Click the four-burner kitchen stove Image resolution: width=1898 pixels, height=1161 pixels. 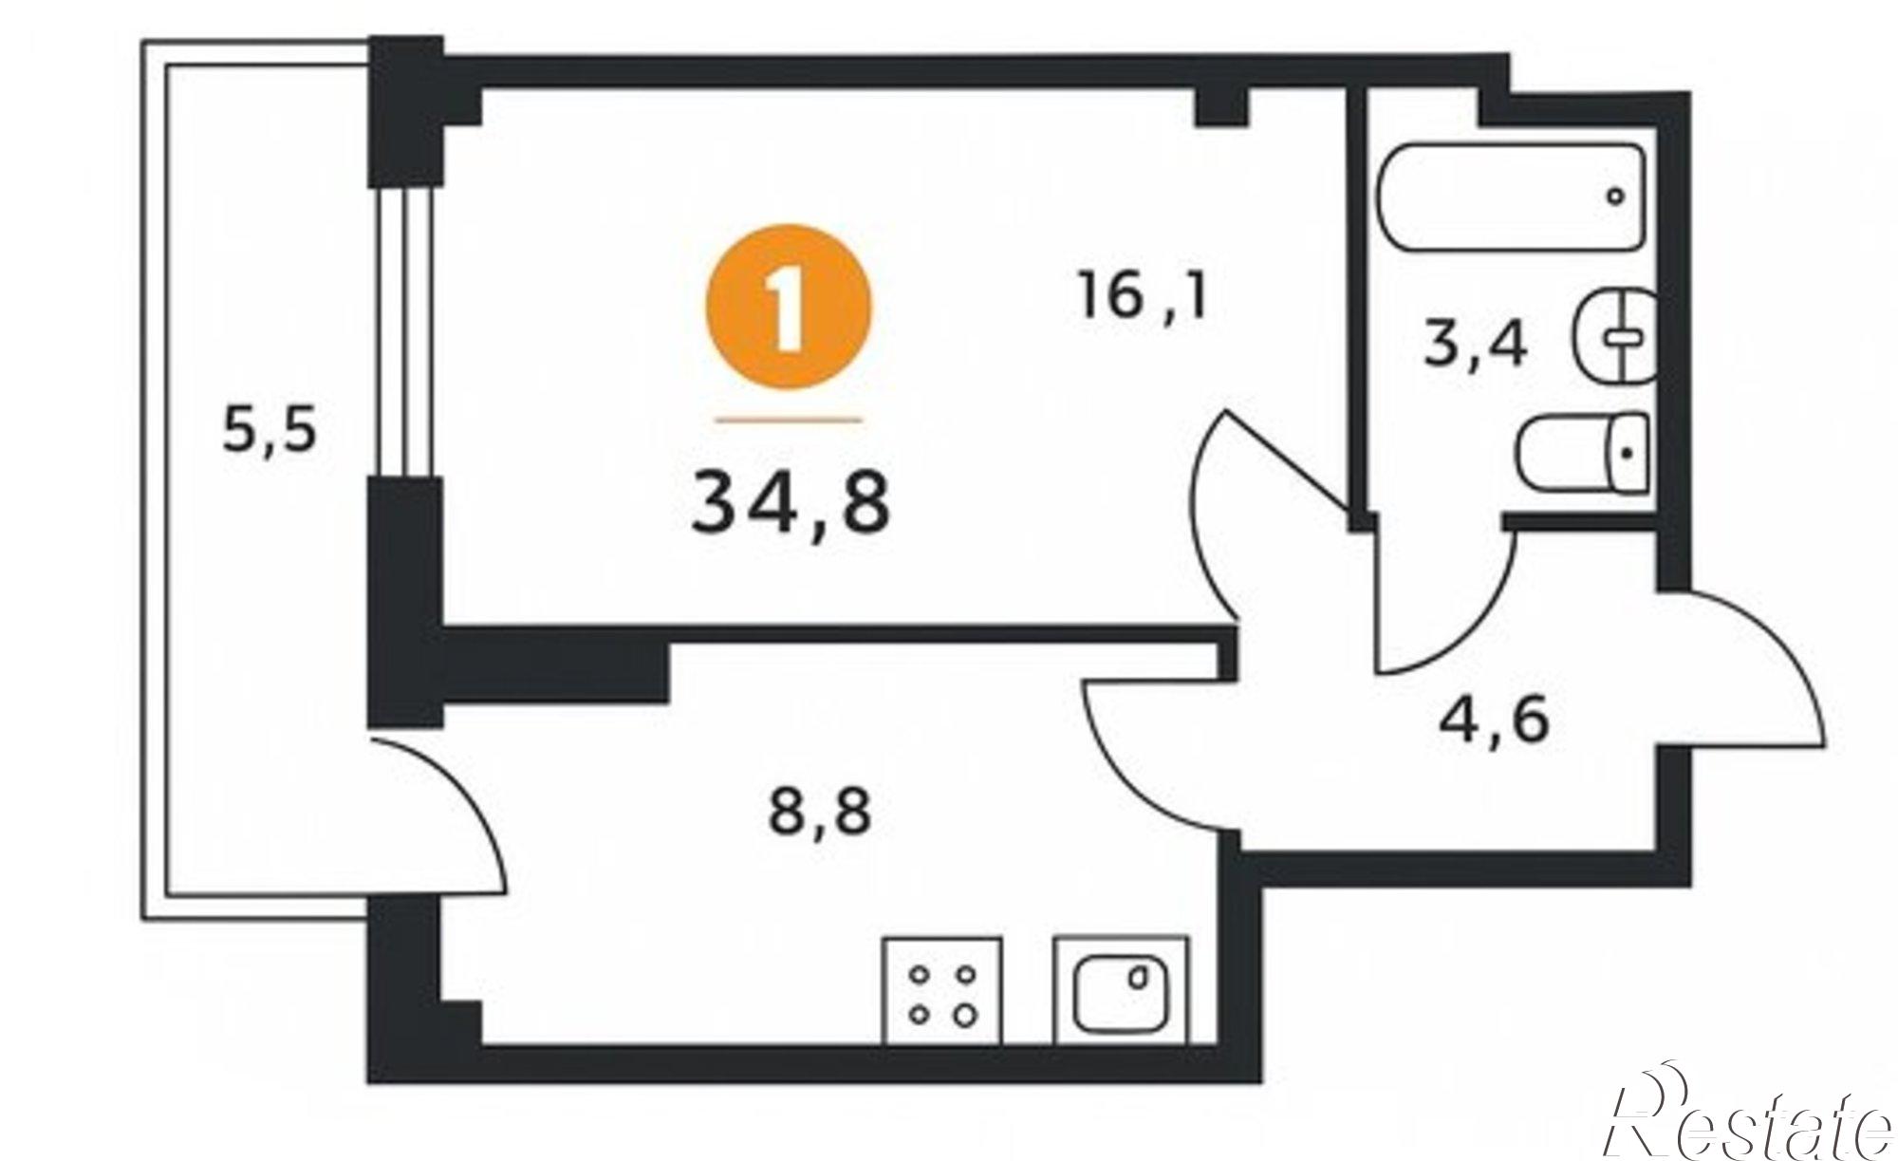point(942,991)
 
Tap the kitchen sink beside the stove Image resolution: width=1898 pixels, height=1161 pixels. point(1121,991)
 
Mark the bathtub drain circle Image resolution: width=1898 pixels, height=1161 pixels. point(1615,197)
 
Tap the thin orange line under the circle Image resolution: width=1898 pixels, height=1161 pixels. point(788,419)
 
